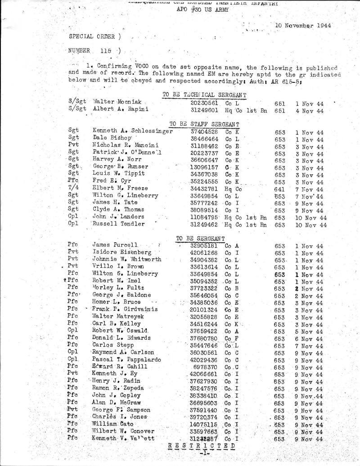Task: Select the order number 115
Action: coord(106,50)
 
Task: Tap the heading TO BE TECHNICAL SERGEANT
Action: coord(204,94)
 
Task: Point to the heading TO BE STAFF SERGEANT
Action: coord(204,124)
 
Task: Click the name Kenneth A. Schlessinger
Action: coord(132,131)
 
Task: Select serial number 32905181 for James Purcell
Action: coord(205,245)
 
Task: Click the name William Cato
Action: coord(108,425)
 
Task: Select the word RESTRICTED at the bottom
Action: coord(201,448)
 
